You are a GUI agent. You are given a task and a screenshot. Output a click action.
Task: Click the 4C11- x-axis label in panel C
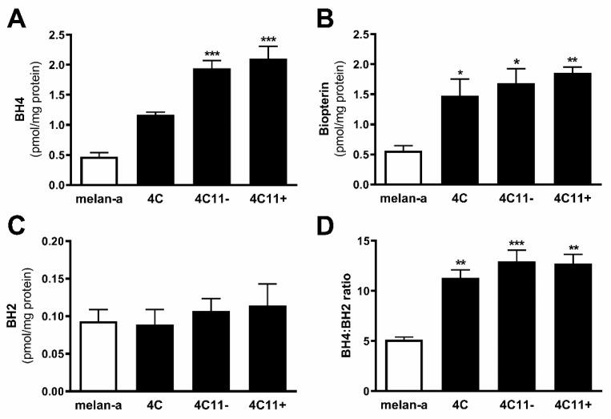click(201, 404)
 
